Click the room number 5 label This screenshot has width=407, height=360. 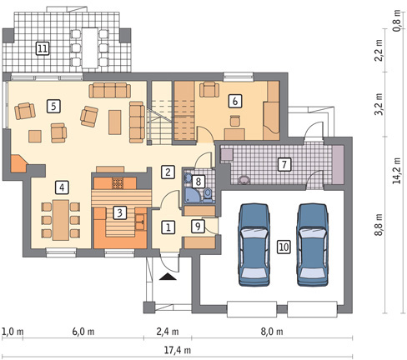pyautogui.click(x=53, y=106)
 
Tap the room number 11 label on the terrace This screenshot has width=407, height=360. pyautogui.click(x=43, y=48)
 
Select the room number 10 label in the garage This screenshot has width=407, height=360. pyautogui.click(x=284, y=247)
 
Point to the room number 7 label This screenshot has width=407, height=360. pyautogui.click(x=284, y=164)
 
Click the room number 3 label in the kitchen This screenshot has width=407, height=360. pyautogui.click(x=119, y=212)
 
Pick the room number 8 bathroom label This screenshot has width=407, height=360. pyautogui.click(x=198, y=182)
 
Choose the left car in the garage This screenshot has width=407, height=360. pyautogui.click(x=254, y=245)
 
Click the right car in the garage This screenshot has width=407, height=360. pyautogui.click(x=312, y=245)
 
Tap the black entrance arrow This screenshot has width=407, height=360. pyautogui.click(x=168, y=277)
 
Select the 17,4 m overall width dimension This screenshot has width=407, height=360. pyautogui.click(x=177, y=350)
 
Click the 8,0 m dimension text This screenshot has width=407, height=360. pyautogui.click(x=272, y=332)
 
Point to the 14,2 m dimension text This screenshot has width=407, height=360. pyautogui.click(x=397, y=171)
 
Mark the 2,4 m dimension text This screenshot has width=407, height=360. pyautogui.click(x=168, y=332)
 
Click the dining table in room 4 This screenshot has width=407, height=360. pyautogui.click(x=61, y=220)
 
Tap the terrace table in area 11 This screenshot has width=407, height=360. pyautogui.click(x=90, y=47)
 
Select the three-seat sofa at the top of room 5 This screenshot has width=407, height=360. pyautogui.click(x=110, y=90)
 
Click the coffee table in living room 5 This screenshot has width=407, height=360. pyautogui.click(x=115, y=122)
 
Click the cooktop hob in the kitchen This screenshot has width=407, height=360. pyautogui.click(x=118, y=183)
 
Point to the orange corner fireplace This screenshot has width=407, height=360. pyautogui.click(x=18, y=163)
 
